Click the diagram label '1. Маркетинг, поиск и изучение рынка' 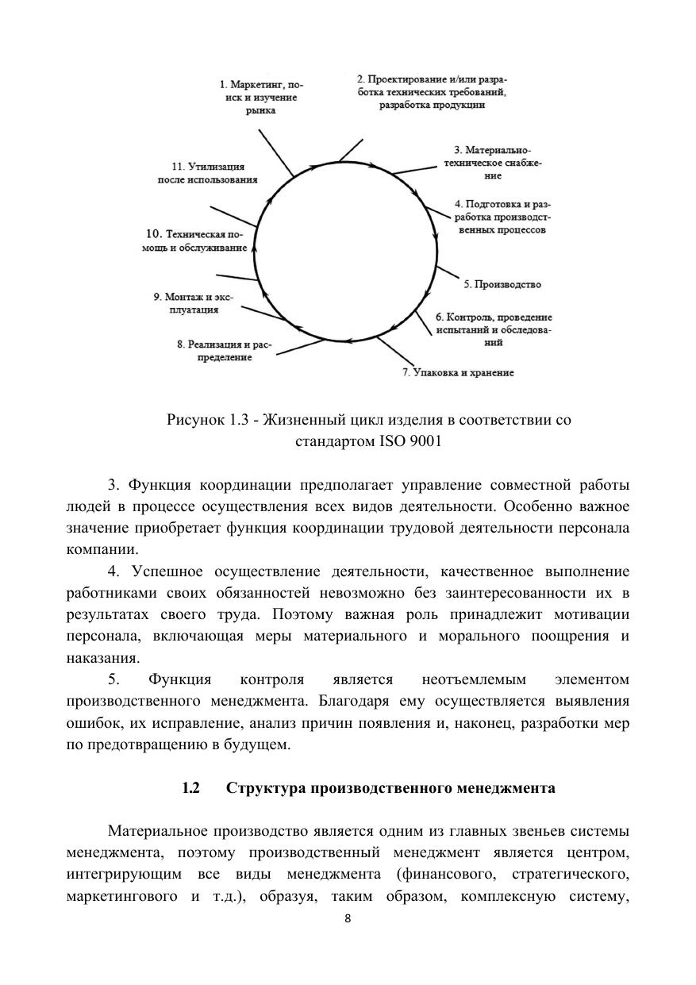260,97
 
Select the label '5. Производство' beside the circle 502,284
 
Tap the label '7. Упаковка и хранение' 458,372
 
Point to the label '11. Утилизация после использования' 207,173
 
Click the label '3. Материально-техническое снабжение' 493,162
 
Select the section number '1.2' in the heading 190,788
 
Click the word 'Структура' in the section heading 265,788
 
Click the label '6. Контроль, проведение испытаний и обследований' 494,329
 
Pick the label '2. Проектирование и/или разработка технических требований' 432,91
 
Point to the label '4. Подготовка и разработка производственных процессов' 502,217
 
